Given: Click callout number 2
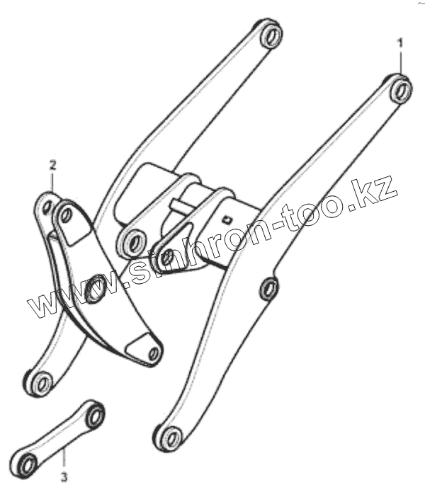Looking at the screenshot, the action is [x=52, y=165].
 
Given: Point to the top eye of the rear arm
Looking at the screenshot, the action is [x=271, y=35].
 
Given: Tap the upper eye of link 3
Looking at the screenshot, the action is [x=93, y=416].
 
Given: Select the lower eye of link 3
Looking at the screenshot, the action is [x=28, y=464].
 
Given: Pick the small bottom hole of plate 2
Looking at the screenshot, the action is [x=152, y=352].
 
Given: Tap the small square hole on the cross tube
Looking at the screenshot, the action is [x=227, y=218].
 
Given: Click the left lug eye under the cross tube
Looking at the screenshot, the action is [x=132, y=244].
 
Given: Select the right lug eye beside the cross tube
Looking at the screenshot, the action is [x=167, y=257].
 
